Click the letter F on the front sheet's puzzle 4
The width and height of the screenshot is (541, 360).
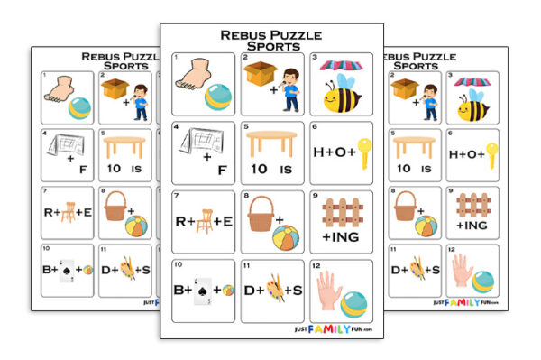tap(220, 158)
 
